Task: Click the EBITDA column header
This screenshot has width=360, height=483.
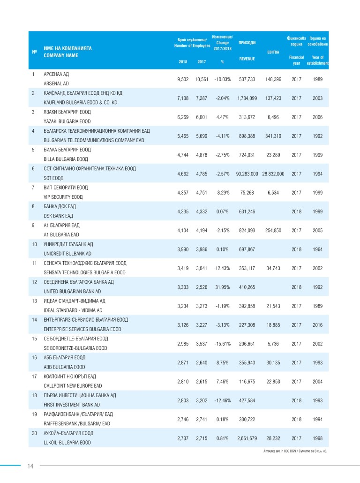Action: pyautogui.click(x=273, y=52)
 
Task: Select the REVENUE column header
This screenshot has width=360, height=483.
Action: pyautogui.click(x=247, y=59)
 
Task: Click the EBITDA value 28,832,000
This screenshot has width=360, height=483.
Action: pyautogui.click(x=273, y=174)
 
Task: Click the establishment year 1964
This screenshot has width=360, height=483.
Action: pyautogui.click(x=317, y=249)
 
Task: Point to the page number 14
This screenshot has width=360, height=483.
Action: pyautogui.click(x=30, y=466)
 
